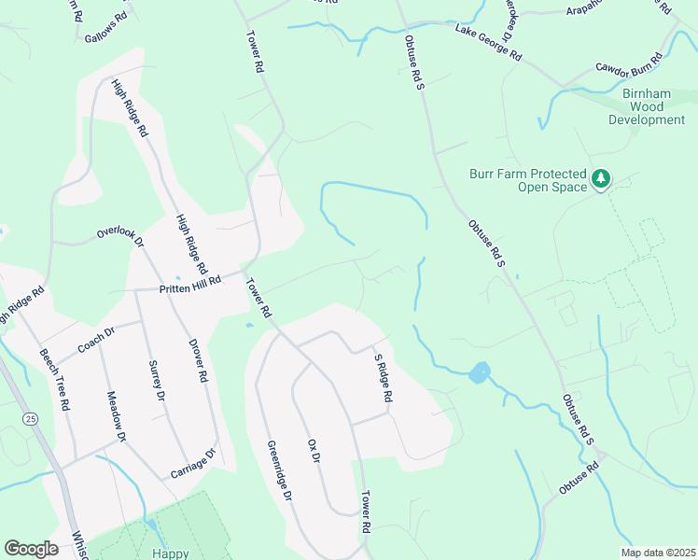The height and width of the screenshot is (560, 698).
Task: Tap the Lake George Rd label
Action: [x=488, y=44]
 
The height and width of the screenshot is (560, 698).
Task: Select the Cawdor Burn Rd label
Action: [x=629, y=64]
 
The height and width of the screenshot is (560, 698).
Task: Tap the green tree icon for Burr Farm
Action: [x=602, y=177]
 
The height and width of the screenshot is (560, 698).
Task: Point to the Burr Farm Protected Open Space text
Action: [x=527, y=180]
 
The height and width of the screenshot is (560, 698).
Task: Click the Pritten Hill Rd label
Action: [x=190, y=281]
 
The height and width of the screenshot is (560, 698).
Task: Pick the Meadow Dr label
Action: [x=116, y=415]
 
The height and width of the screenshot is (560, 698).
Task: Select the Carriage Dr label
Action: [x=193, y=464]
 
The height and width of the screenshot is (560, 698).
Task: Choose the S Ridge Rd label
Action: [x=381, y=378]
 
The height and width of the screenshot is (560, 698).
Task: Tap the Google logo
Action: [x=31, y=549]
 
